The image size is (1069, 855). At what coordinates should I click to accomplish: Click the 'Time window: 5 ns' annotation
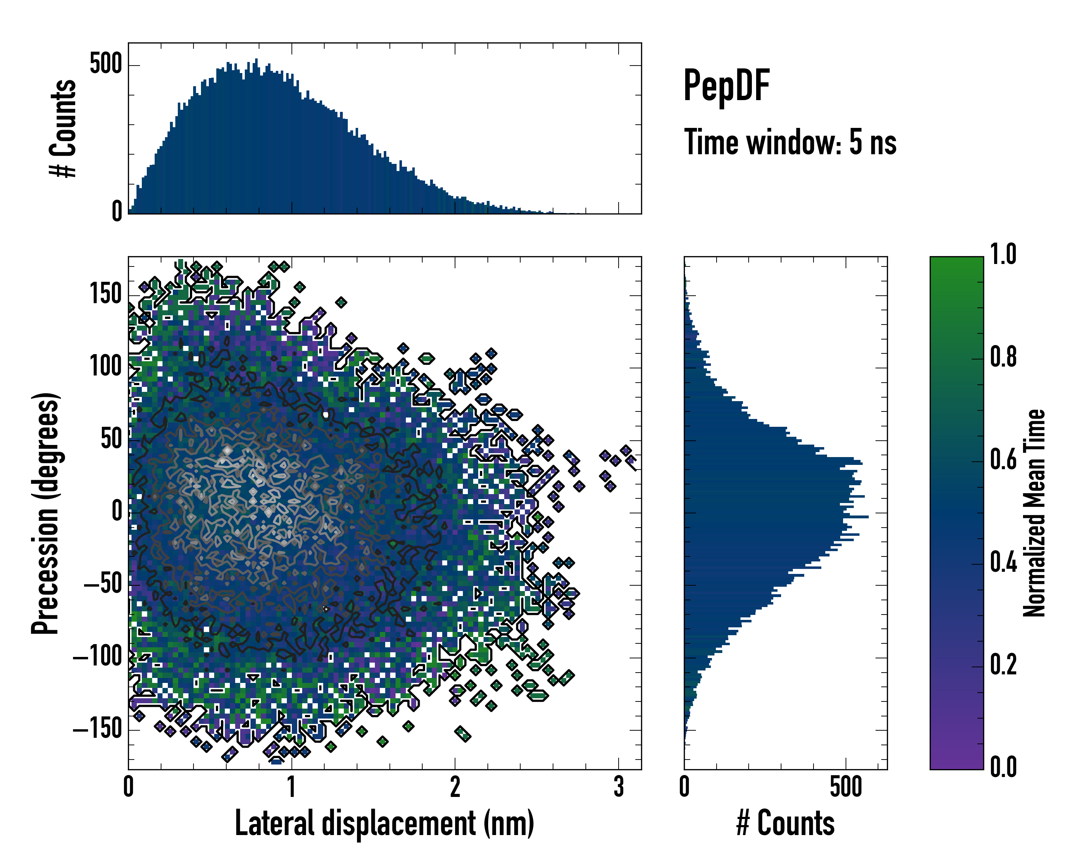point(790,142)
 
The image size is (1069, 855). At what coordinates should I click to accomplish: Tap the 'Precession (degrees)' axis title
point(46,513)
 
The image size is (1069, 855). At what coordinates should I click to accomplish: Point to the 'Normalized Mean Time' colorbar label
point(1034,513)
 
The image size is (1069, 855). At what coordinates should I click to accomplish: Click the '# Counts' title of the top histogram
point(63,128)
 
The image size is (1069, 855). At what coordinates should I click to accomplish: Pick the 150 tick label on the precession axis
point(105,294)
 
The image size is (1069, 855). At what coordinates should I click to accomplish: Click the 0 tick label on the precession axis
point(117,512)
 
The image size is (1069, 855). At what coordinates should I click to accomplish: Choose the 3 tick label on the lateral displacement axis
point(618,787)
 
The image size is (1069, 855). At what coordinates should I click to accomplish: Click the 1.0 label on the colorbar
point(1003,254)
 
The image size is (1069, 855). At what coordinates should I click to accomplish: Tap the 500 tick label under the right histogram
point(846,787)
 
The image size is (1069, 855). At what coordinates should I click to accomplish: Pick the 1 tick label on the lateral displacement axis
point(291,787)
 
